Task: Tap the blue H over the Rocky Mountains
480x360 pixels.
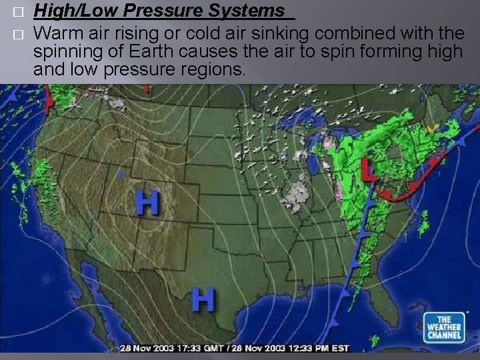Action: [x=148, y=203]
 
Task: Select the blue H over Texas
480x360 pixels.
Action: [x=203, y=299]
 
